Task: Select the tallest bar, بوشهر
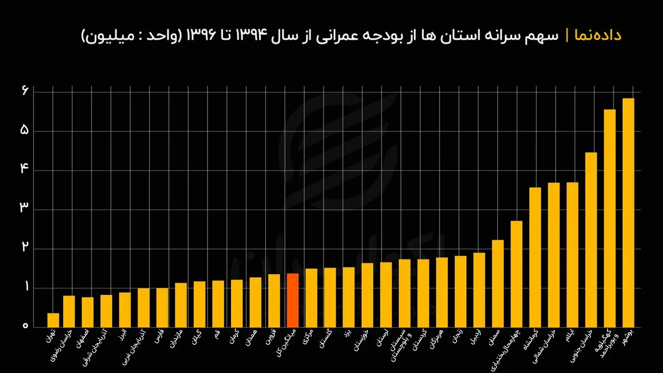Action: coord(628,212)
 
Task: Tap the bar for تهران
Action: coord(53,320)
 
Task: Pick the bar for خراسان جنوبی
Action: coord(591,239)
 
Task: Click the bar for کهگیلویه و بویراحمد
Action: coord(609,218)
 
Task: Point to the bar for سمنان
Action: coord(498,283)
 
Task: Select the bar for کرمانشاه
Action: coord(535,257)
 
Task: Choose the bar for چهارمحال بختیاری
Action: coord(517,273)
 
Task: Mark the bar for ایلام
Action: coord(572,255)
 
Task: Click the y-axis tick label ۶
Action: coord(24,91)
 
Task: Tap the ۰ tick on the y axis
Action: coord(24,326)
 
